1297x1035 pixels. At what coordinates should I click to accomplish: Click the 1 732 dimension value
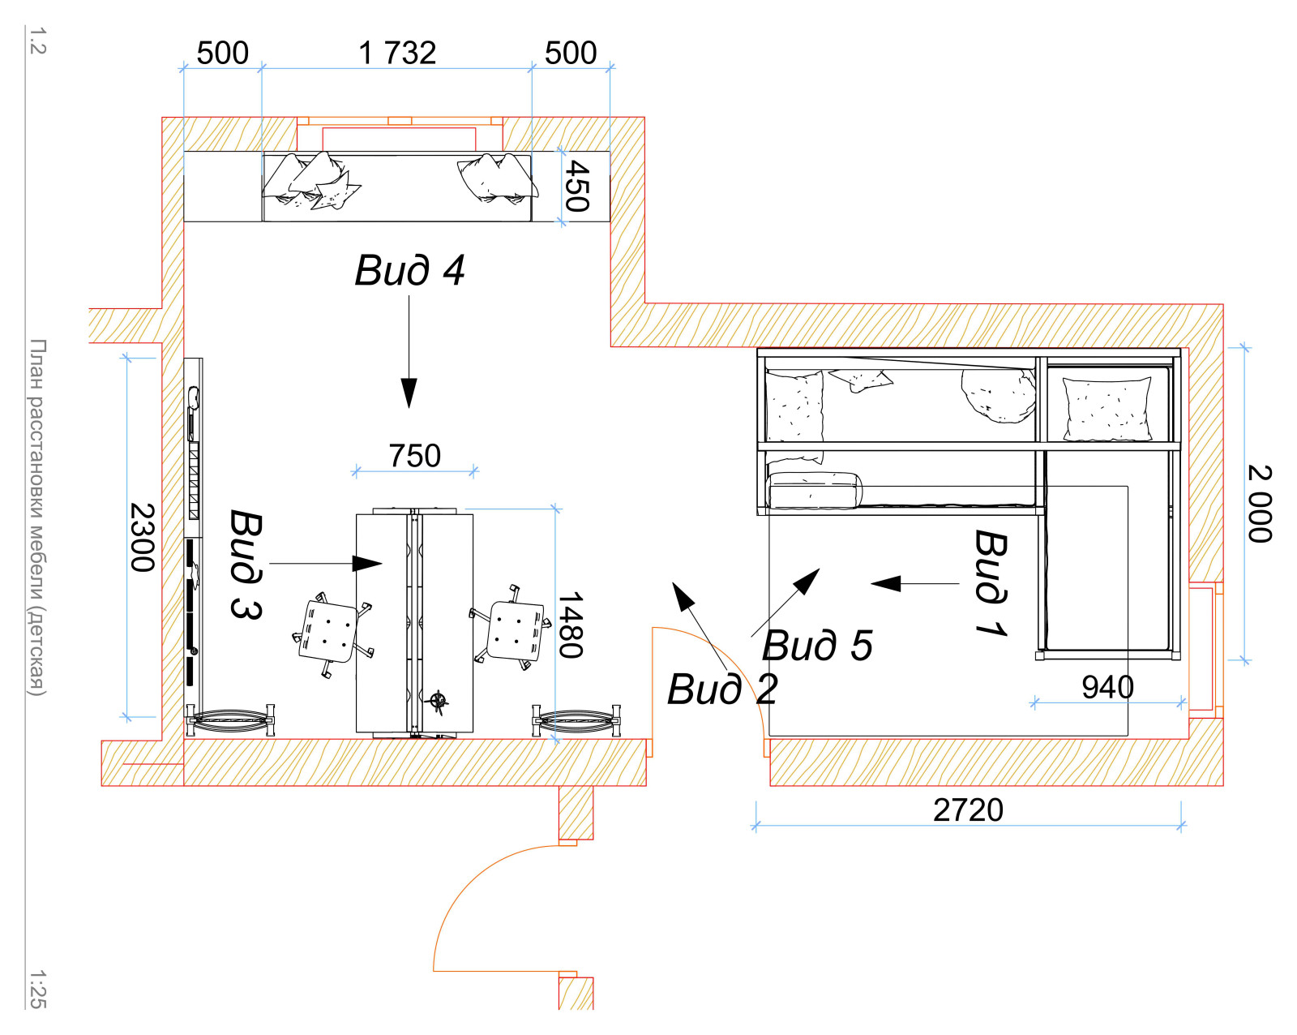point(397,53)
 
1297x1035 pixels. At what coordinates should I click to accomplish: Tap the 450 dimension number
point(577,186)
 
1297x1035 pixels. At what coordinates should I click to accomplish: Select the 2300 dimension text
point(143,538)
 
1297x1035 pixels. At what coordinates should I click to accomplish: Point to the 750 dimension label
point(415,456)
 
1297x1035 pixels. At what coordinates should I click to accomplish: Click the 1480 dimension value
point(570,625)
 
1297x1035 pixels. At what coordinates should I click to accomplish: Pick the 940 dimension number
point(1108,688)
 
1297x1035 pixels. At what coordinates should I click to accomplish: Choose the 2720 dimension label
point(969,810)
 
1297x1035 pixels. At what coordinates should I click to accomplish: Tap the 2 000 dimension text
point(1259,504)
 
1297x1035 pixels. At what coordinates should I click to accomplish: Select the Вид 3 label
point(246,564)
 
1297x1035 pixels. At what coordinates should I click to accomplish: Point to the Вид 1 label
point(991,582)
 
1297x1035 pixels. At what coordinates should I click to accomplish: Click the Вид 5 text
point(817,646)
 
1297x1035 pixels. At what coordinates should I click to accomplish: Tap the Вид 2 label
point(722,689)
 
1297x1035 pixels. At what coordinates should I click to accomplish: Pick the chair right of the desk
point(511,628)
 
